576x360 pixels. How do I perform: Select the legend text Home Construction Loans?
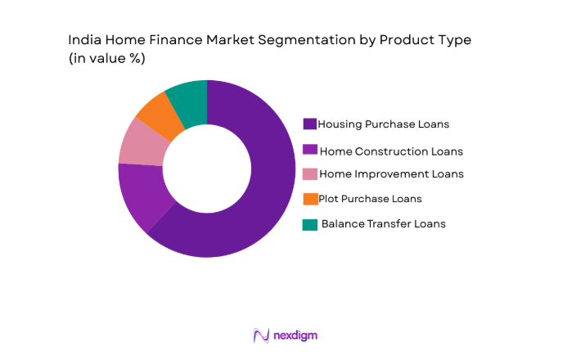391,151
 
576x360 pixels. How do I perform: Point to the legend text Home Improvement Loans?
391,174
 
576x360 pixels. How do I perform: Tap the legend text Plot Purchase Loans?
371,199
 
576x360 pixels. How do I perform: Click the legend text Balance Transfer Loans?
384,223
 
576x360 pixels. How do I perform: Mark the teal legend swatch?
309,224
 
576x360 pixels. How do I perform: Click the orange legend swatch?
309,199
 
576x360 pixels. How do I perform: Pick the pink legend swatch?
309,174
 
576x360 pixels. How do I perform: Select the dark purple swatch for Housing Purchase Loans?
309,124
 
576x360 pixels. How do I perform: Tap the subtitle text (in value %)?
106,59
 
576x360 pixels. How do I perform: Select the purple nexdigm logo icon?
261,335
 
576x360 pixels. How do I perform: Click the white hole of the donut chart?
206,169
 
